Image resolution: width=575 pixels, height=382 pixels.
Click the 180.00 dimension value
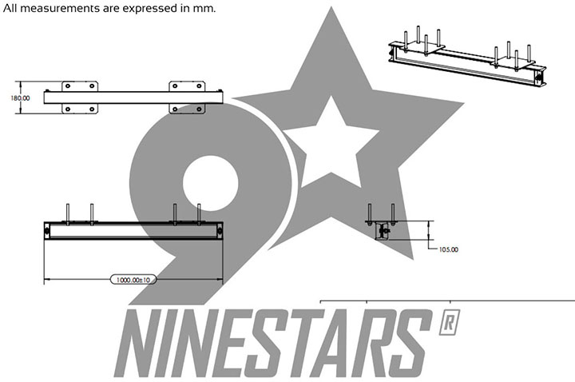click(x=20, y=98)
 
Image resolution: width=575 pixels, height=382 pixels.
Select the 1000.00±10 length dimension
click(x=133, y=280)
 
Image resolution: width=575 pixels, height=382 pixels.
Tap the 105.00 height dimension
click(x=449, y=249)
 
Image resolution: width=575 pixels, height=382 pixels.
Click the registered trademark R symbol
click(x=450, y=322)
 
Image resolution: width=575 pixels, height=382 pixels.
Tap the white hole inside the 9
click(x=211, y=184)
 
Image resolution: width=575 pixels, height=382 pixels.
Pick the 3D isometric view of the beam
click(x=467, y=57)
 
